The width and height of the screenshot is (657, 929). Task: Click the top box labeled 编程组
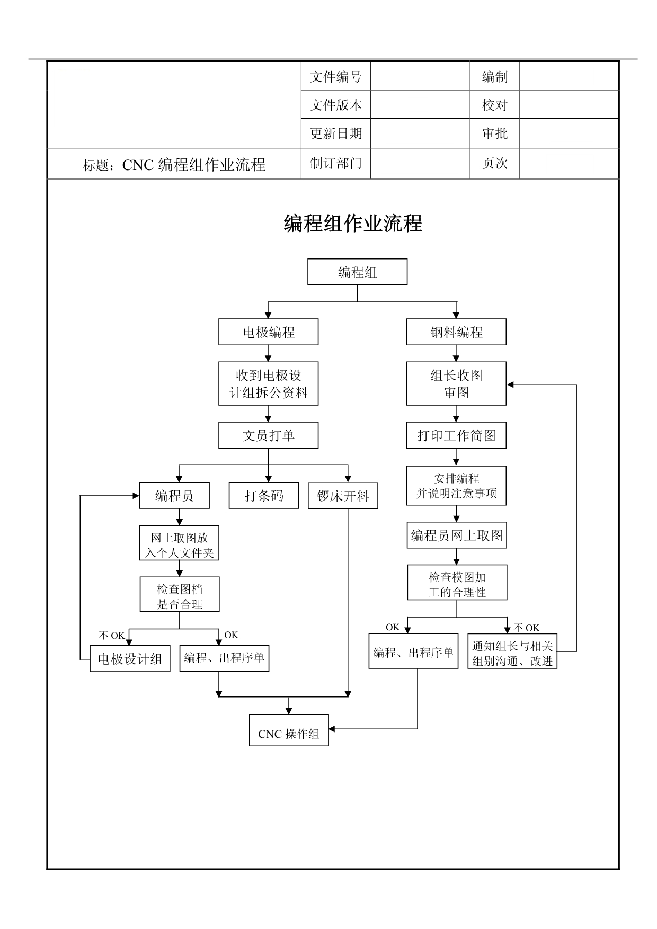click(x=357, y=272)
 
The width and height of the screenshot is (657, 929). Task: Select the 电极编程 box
click(x=268, y=332)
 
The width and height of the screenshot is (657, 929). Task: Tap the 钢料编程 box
click(x=456, y=332)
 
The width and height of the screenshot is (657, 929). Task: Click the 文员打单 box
click(x=268, y=435)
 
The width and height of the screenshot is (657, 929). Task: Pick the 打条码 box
click(x=264, y=496)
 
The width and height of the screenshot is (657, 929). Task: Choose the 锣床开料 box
click(x=343, y=496)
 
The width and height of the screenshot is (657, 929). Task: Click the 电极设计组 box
click(x=130, y=659)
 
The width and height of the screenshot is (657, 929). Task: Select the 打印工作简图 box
click(x=456, y=435)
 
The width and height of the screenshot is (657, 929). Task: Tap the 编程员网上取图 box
click(x=456, y=535)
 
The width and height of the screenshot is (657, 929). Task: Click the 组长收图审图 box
click(x=456, y=383)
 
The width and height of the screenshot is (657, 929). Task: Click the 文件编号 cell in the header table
click(x=335, y=77)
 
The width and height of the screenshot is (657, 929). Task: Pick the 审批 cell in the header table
click(x=494, y=133)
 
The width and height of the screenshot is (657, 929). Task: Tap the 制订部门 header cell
click(x=335, y=163)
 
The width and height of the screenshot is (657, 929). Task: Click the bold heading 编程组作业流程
click(x=353, y=223)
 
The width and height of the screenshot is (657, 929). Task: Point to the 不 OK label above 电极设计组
click(x=112, y=635)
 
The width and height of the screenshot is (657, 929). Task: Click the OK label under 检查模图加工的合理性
click(x=393, y=627)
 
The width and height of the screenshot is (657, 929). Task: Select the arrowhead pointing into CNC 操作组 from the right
click(x=332, y=729)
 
